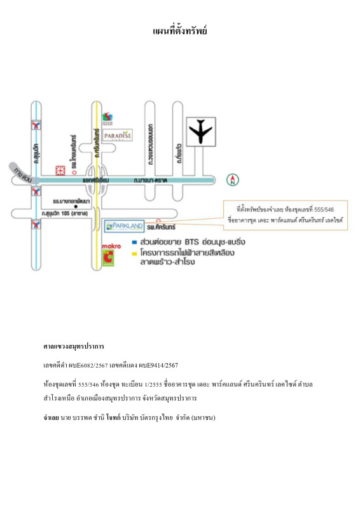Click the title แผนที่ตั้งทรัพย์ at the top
coord(180,31)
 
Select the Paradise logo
coord(118,135)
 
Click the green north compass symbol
coord(233,180)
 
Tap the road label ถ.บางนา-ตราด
coord(150,181)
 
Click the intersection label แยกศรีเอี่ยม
coord(96,181)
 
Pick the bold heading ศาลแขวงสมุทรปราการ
coord(74,346)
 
